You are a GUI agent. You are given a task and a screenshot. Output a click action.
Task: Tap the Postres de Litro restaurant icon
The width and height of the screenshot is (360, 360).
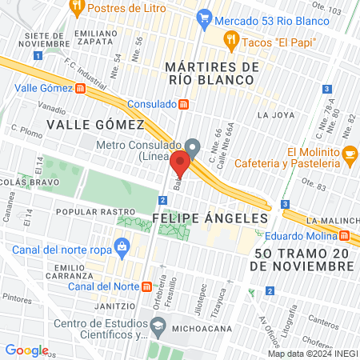pos(77,9)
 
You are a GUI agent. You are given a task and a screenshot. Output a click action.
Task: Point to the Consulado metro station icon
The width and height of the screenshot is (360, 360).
pos(183,104)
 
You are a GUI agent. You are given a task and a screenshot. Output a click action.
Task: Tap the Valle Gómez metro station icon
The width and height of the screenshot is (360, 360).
pos(80,89)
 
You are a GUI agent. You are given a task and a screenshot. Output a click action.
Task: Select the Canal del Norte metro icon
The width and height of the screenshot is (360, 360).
pos(146,287)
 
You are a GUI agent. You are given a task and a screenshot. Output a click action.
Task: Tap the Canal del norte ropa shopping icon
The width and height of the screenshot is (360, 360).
pos(122,246)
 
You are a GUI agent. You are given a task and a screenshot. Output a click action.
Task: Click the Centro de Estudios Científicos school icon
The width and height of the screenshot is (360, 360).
pos(158,325)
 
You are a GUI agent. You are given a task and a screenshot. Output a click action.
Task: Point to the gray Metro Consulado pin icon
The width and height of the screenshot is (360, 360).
pos(193,147)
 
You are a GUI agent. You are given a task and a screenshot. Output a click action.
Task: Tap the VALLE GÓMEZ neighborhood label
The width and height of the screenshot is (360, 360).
pos(95,124)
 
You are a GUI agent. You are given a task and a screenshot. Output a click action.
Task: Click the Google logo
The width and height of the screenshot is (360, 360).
pos(26,350)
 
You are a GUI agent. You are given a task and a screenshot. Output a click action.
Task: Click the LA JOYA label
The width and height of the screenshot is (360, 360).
pos(272,114)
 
